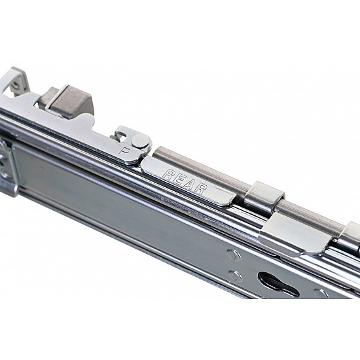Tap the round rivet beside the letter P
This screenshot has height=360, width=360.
(140, 141)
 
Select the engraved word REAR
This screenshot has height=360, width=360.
(185, 181)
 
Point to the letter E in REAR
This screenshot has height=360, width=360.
(178, 178)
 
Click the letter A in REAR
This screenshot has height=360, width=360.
(190, 184)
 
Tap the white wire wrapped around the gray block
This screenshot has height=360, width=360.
(56, 98)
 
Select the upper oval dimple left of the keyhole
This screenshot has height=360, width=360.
(234, 255)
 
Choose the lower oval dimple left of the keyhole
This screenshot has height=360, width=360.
(236, 276)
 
